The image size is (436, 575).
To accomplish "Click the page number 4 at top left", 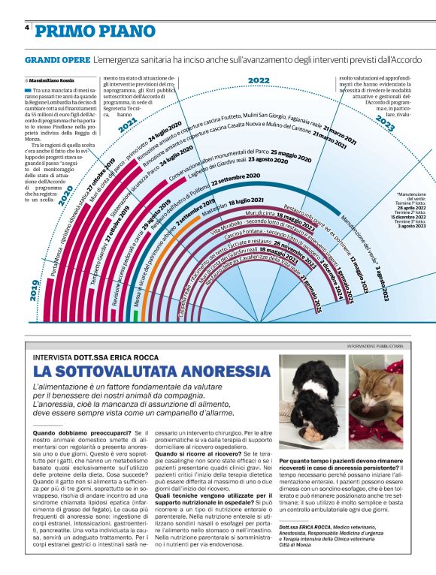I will pyautogui.click(x=27, y=28).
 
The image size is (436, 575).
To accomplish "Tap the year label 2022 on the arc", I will pyautogui.click(x=259, y=80).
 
